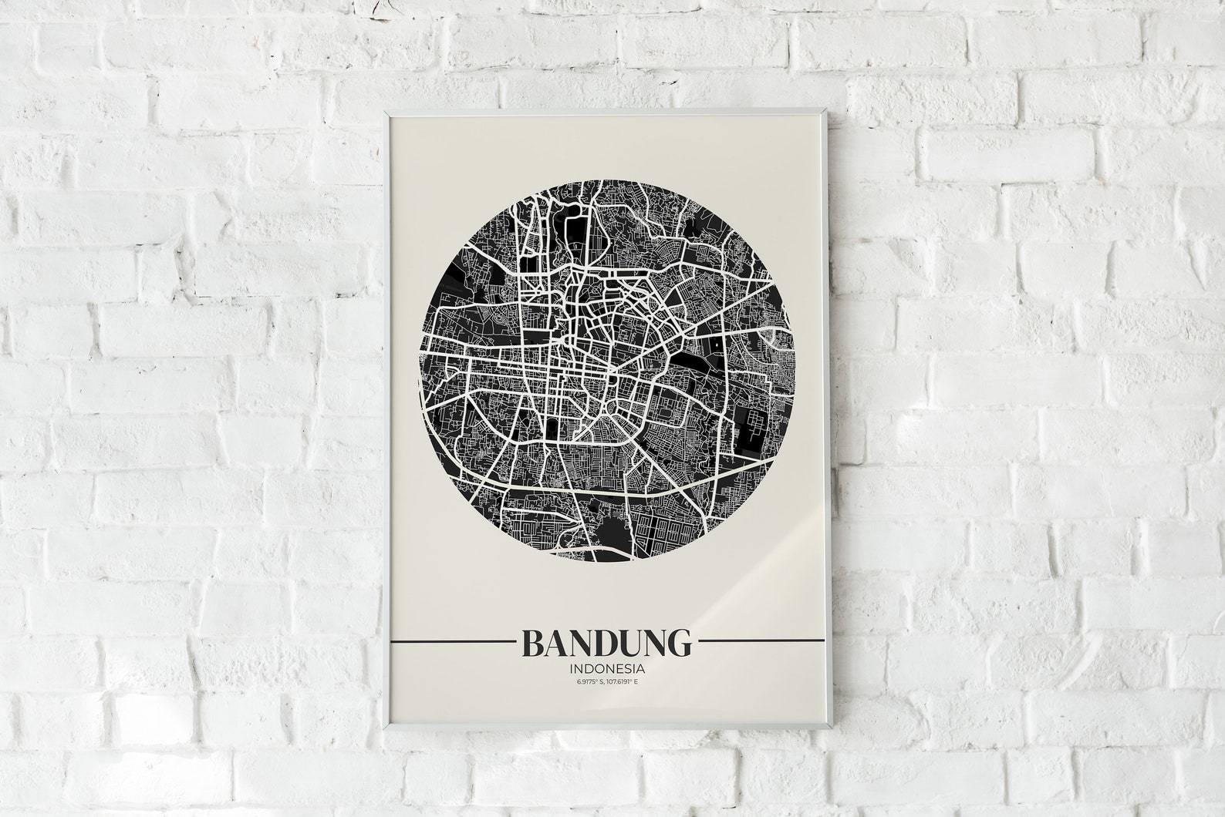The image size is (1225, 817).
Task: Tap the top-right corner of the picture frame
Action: coord(829,109)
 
